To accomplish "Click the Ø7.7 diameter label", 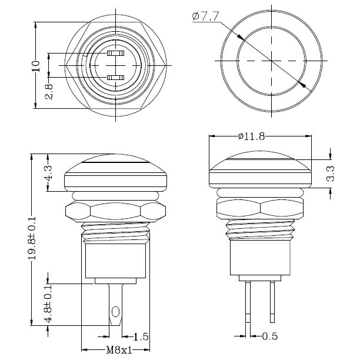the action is click(205, 16).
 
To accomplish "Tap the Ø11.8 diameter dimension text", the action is click(251, 136).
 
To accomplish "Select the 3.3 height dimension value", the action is click(331, 174).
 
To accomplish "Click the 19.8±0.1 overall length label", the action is click(32, 238).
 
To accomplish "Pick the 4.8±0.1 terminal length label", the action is click(48, 304).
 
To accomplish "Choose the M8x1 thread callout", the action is click(119, 350).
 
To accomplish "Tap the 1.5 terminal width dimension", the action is click(141, 337).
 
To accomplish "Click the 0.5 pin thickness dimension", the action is click(270, 336).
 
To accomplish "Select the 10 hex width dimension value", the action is click(36, 66).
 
